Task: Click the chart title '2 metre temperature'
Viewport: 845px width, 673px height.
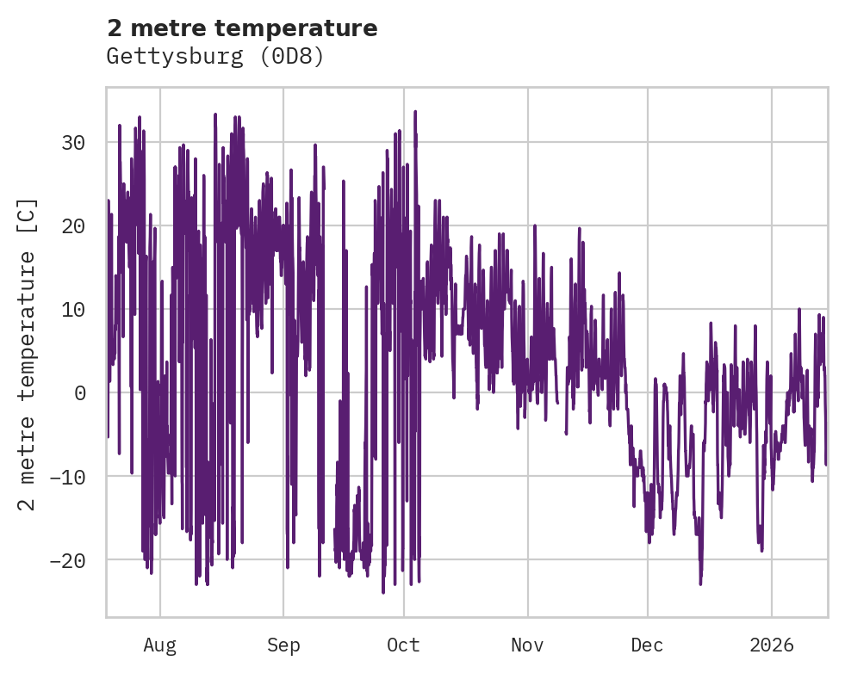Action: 242,28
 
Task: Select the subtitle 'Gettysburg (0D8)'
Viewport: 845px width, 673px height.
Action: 214,57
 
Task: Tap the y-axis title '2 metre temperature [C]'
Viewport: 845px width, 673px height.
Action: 28,354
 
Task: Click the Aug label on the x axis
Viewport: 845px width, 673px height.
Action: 160,645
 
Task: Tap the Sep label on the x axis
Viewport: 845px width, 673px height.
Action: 283,645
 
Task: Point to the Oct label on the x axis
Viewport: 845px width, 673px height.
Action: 403,645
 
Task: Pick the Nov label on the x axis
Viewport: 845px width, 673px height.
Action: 527,645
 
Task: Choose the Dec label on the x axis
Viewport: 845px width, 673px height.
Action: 648,645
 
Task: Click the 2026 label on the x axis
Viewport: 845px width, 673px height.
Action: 771,645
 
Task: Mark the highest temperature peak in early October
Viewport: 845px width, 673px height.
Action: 415,111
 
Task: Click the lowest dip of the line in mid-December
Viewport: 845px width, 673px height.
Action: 700,584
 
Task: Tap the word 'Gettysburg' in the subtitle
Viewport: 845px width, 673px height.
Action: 176,57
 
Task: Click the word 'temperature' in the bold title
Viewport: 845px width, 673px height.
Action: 295,28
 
